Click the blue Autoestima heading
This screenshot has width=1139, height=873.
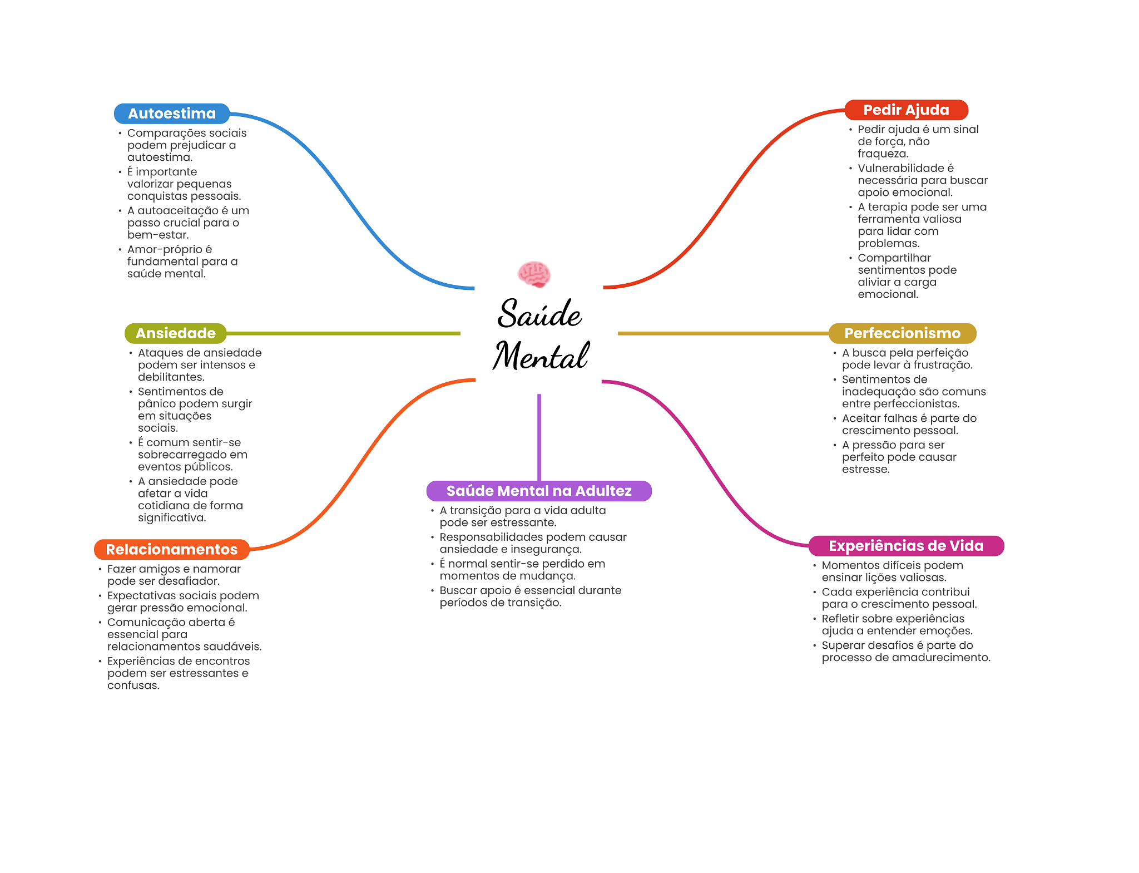coord(171,114)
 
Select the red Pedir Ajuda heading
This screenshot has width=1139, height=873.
coord(906,110)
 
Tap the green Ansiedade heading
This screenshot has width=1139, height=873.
coord(175,333)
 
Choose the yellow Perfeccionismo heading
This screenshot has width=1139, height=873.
coord(902,333)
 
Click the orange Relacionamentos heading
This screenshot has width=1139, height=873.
coord(171,549)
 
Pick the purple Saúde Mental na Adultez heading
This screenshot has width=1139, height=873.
coord(538,491)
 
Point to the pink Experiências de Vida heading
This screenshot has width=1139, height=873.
coord(906,546)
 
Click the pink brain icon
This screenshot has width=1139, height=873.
coord(534,274)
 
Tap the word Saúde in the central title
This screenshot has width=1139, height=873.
coord(539,314)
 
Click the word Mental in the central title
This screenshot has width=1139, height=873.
coord(541,356)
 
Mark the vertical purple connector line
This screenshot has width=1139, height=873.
coord(539,437)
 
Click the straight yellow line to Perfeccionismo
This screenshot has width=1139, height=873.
coord(723,333)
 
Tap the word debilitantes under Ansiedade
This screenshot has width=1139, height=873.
coord(171,377)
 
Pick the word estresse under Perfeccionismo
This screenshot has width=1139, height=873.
coord(865,469)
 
